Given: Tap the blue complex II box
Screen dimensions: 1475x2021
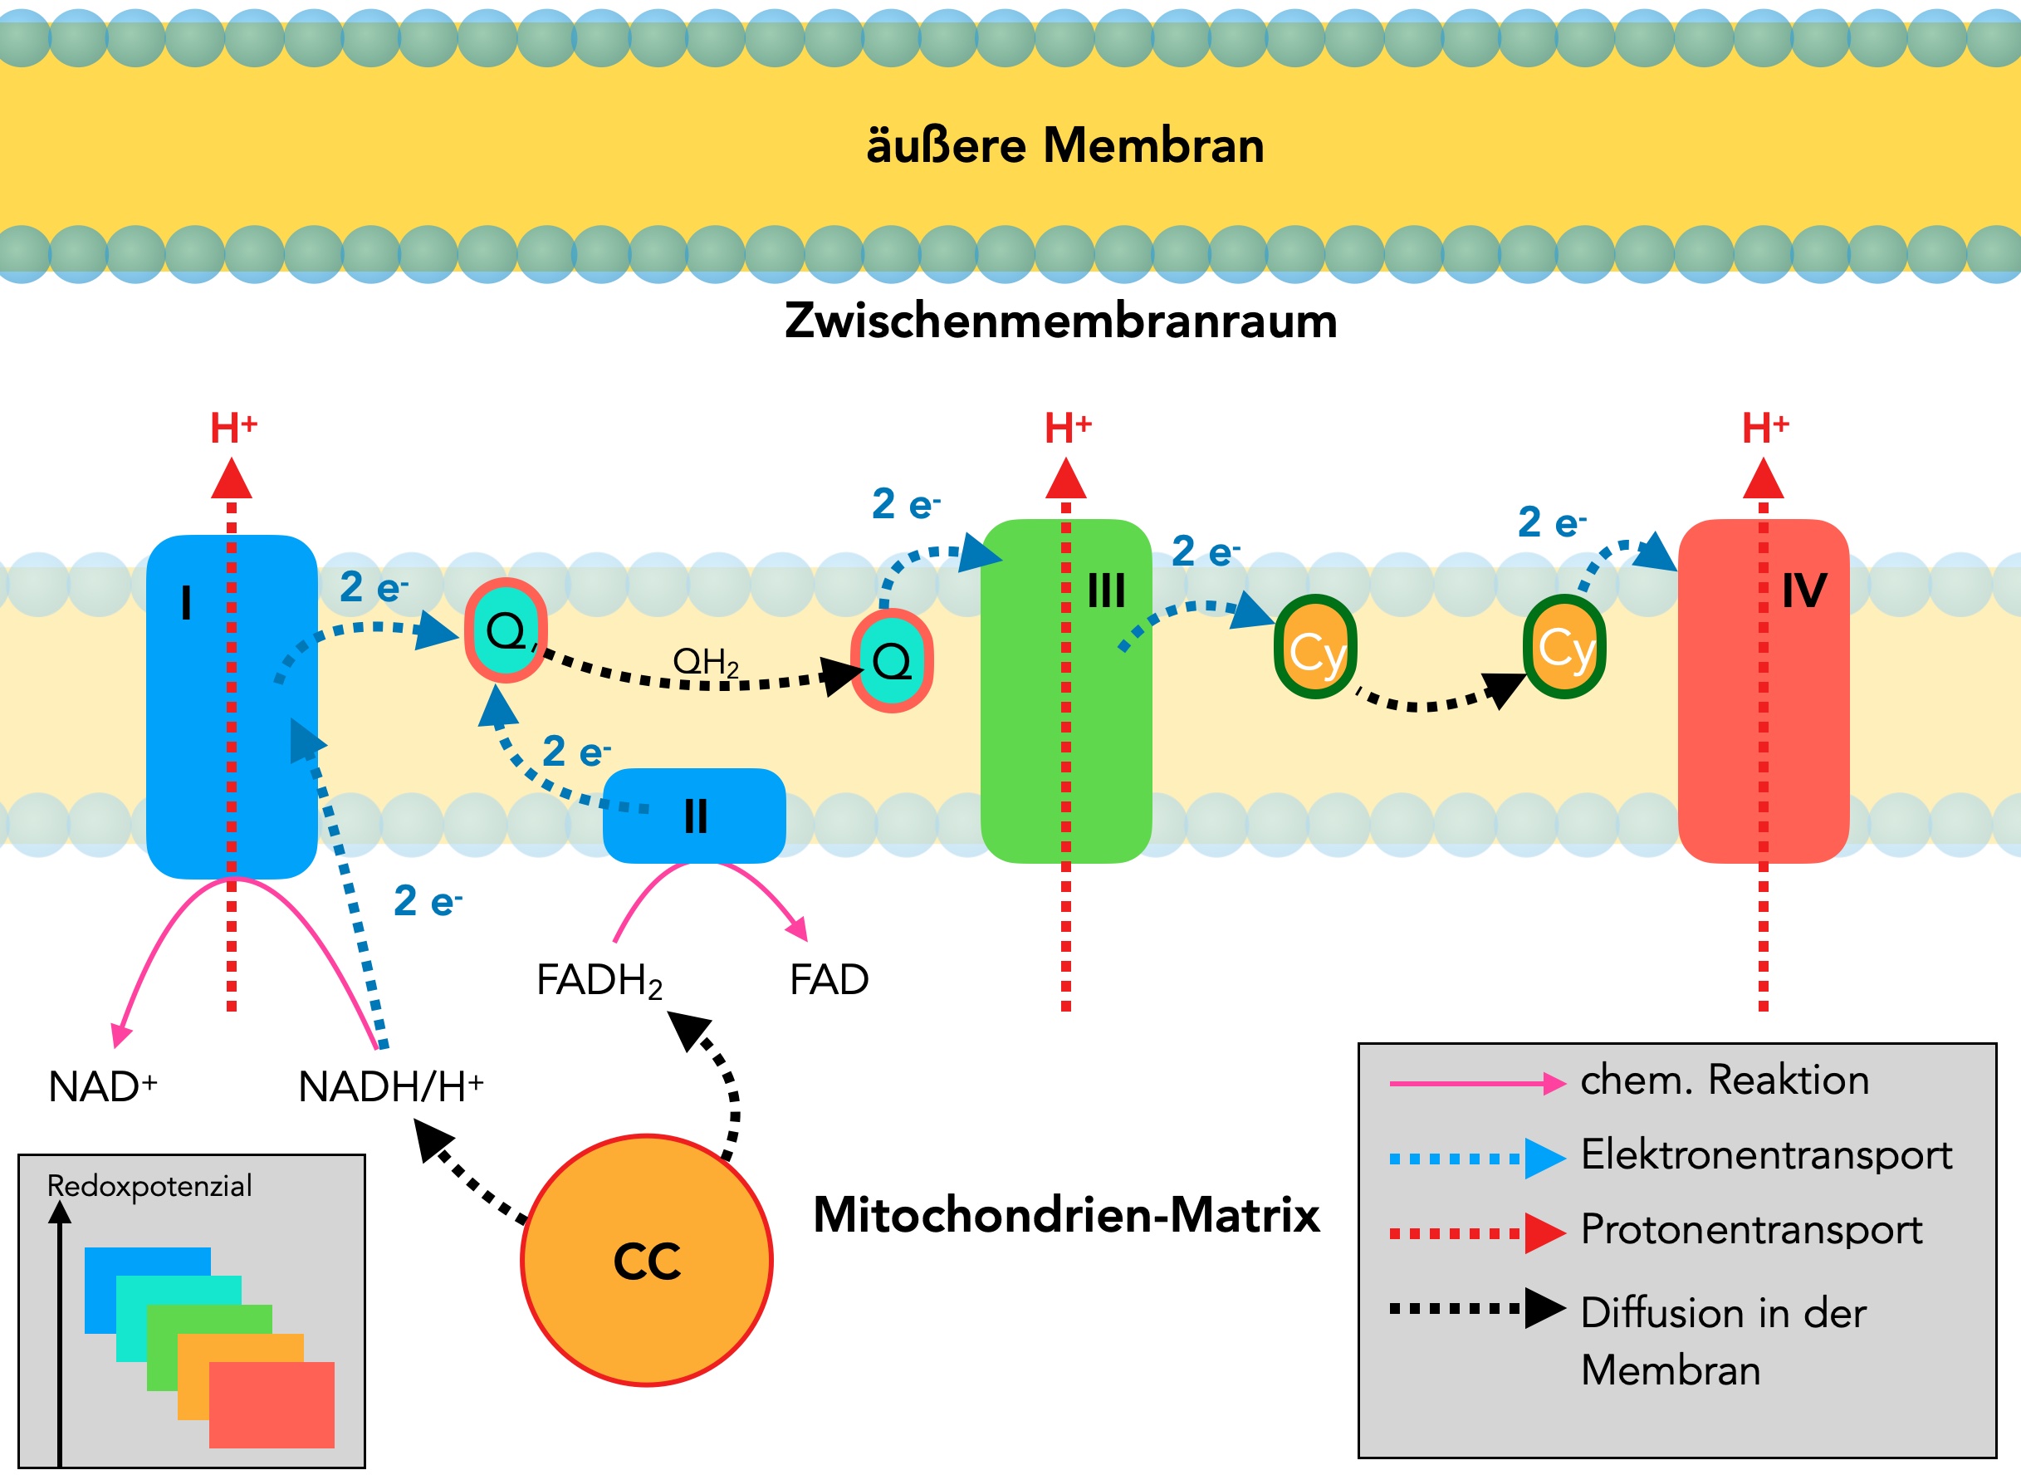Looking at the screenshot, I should [x=694, y=816].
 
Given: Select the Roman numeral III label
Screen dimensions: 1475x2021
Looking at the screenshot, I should [x=1106, y=590].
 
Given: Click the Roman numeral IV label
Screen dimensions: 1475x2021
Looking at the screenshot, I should [x=1804, y=590].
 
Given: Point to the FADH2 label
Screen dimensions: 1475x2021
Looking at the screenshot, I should [x=599, y=980].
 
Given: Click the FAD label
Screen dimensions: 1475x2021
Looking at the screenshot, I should [x=829, y=979].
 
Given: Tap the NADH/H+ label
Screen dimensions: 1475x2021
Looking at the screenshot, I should [x=390, y=1086].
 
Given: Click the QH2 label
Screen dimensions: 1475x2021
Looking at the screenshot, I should [x=705, y=662].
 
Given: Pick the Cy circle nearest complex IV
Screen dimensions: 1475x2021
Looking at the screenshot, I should [x=1564, y=646].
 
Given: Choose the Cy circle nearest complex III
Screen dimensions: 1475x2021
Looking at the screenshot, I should [x=1315, y=646].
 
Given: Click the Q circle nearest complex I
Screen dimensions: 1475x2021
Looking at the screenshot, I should [x=505, y=630].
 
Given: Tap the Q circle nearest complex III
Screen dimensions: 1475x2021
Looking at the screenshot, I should [x=891, y=661].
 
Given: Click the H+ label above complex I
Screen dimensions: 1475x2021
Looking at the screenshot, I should [x=233, y=429].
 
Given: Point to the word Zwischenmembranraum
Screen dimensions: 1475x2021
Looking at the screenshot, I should [x=1060, y=321].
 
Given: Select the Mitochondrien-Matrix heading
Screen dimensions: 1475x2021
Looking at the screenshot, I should [x=1066, y=1214].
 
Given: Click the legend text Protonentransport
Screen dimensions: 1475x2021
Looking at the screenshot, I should [x=1750, y=1229].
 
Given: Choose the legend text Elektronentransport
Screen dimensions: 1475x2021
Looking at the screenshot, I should [x=1766, y=1154].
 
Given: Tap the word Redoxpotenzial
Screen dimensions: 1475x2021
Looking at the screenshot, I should [x=149, y=1186].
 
